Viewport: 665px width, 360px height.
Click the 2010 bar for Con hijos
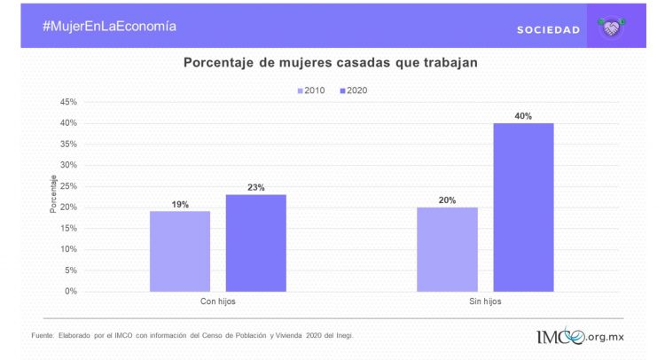coord(180,251)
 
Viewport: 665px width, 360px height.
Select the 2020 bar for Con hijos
coord(255,243)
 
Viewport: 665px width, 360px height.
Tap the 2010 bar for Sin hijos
coord(447,249)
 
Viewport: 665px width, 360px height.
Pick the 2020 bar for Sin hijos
coord(523,207)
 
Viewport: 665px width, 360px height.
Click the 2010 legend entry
coord(310,90)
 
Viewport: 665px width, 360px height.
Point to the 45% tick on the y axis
coord(68,102)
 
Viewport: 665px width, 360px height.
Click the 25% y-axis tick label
coord(68,186)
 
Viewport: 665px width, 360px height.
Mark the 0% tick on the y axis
coord(71,292)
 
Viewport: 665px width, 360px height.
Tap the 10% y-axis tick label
coord(68,249)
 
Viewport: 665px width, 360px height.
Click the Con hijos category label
coord(217,302)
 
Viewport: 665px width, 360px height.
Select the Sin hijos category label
coord(485,302)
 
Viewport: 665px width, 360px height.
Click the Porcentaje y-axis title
coord(53,194)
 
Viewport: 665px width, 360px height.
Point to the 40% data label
coord(523,116)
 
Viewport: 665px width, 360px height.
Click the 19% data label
coord(180,204)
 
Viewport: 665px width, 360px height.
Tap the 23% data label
coord(255,187)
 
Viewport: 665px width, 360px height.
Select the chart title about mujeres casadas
coord(330,63)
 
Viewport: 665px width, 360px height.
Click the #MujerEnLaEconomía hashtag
coord(109,26)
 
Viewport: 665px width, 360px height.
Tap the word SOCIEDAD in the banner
coord(548,30)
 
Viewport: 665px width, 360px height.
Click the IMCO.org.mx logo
coord(579,337)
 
